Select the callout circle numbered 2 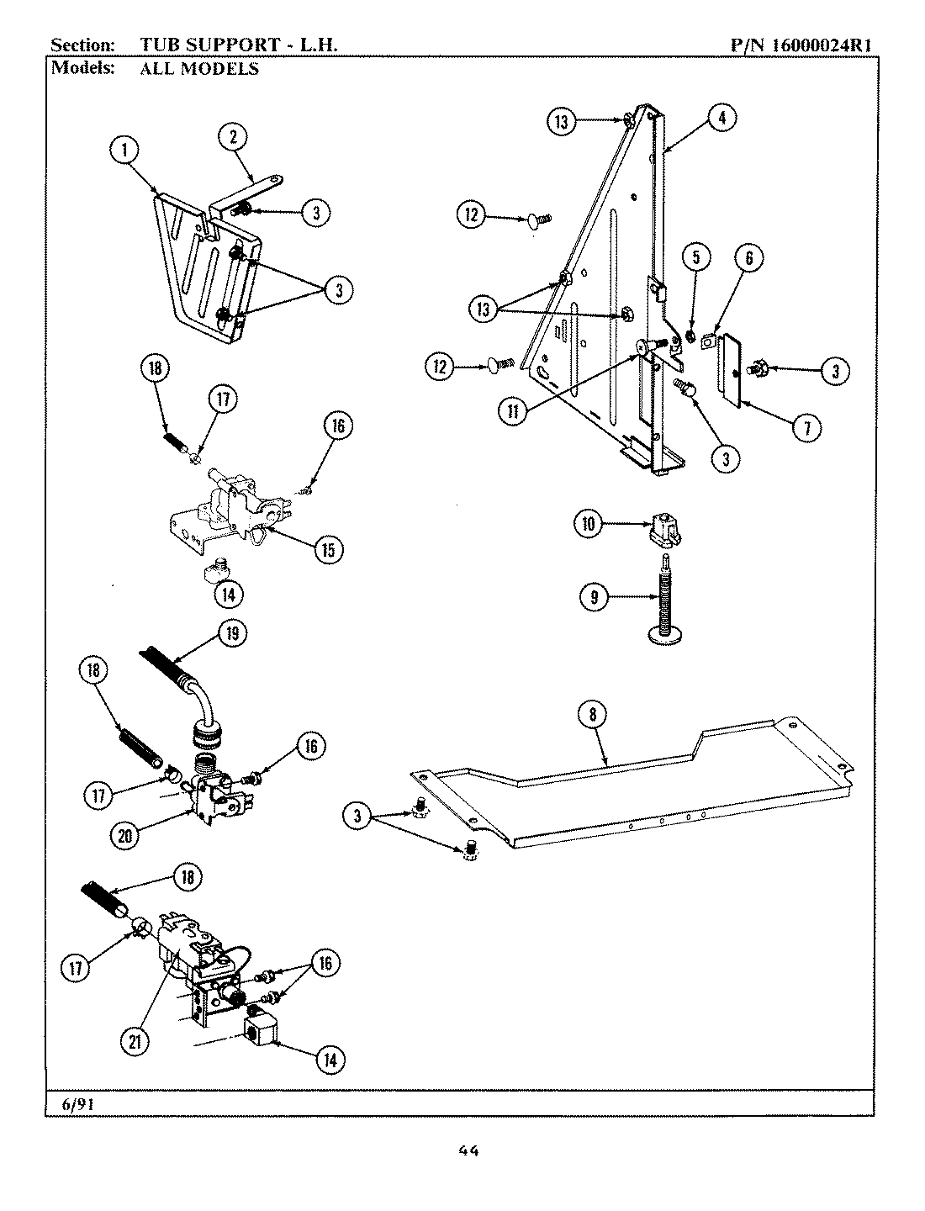tap(233, 137)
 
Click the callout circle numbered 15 tap(326, 550)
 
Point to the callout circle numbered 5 tap(696, 259)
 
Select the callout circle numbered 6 tap(748, 259)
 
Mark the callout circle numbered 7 tap(806, 428)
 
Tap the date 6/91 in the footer tap(78, 1103)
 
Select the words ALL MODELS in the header tap(199, 69)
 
